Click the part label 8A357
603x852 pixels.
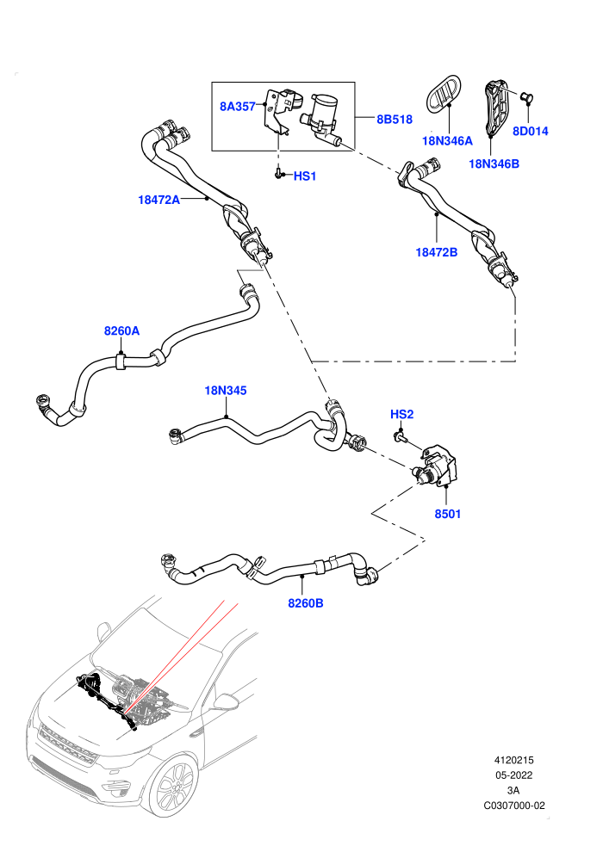click(237, 107)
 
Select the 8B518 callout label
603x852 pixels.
click(395, 120)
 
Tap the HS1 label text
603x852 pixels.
click(304, 176)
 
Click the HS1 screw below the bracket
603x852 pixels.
click(279, 174)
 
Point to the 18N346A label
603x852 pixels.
click(447, 141)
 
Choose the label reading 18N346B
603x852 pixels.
click(494, 164)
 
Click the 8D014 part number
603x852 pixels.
click(530, 131)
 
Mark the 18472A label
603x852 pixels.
click(159, 200)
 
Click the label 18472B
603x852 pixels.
click(436, 252)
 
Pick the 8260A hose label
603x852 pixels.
click(121, 331)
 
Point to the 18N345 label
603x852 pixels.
click(225, 391)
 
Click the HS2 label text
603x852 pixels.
click(401, 415)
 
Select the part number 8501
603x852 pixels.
click(447, 514)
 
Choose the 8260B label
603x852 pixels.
click(305, 603)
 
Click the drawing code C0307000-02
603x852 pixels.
click(513, 806)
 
